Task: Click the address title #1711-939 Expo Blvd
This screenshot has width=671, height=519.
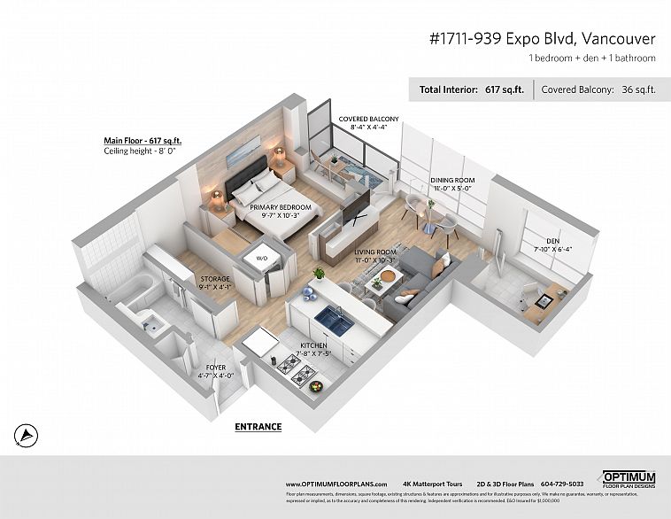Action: [542, 39]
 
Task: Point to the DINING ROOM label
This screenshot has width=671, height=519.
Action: [452, 181]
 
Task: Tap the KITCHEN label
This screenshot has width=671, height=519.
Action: [315, 345]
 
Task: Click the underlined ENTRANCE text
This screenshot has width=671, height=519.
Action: [258, 427]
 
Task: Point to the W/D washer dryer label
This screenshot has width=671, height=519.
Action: [262, 259]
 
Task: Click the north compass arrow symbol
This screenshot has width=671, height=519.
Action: [27, 434]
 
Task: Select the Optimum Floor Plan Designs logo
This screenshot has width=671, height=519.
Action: [629, 479]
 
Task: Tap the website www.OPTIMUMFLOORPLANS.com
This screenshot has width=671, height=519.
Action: [336, 484]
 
